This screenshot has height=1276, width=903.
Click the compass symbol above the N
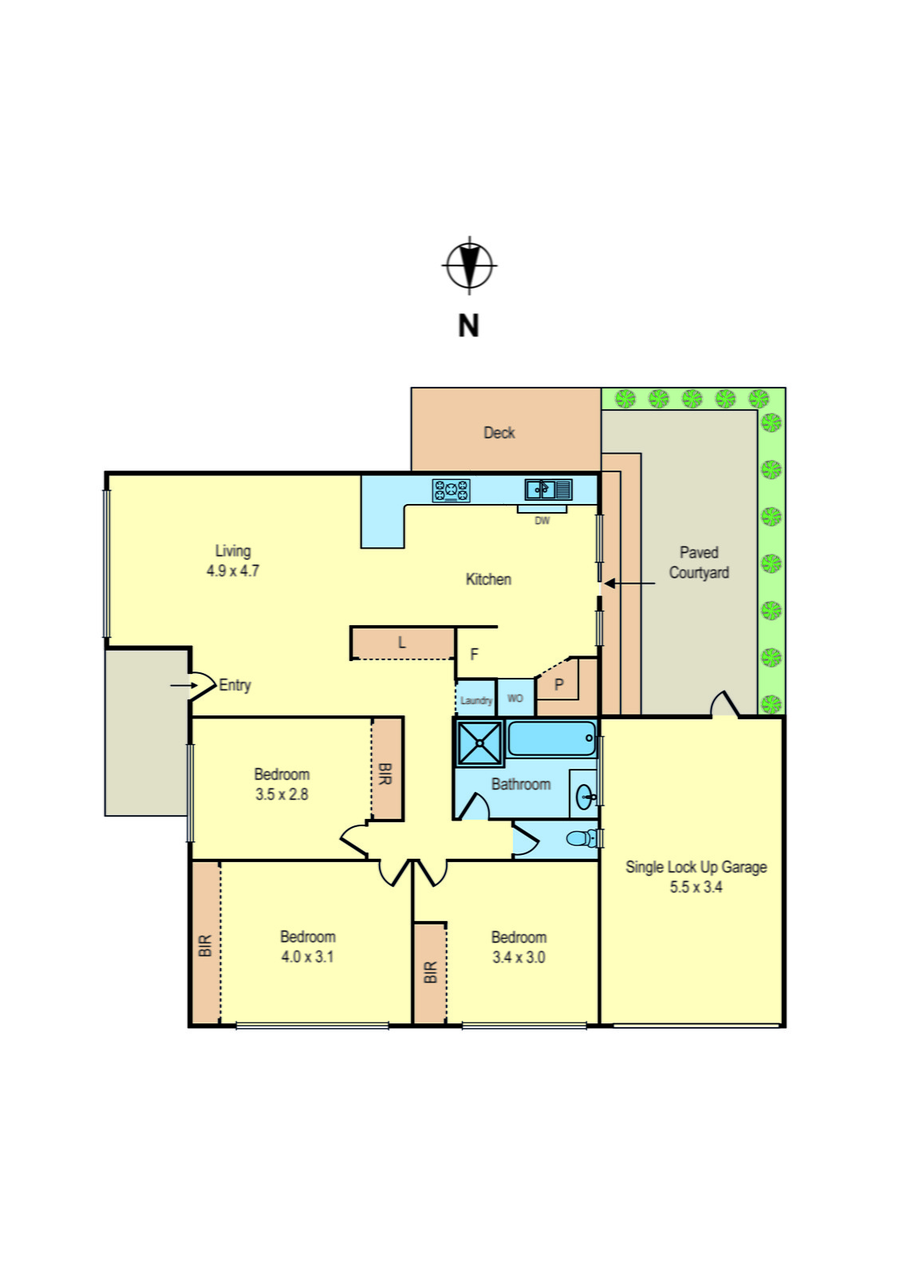[469, 265]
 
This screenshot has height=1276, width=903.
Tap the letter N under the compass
[468, 325]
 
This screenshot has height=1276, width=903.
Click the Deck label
[499, 433]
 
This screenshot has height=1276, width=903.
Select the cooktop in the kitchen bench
[451, 490]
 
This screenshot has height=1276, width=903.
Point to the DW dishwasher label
[542, 521]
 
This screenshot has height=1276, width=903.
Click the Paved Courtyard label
[699, 562]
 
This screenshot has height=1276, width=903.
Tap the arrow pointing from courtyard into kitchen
[629, 584]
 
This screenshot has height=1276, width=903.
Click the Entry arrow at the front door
[184, 685]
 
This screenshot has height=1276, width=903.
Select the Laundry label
[476, 700]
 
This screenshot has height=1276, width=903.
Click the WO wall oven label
[515, 699]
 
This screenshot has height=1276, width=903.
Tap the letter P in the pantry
[559, 685]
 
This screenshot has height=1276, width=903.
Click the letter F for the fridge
[475, 655]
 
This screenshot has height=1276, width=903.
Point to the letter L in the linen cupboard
[402, 643]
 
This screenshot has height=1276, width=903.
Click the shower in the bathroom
[479, 743]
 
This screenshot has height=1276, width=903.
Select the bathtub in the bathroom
[551, 738]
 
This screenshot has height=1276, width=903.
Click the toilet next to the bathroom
[582, 838]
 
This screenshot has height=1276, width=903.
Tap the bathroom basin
[586, 796]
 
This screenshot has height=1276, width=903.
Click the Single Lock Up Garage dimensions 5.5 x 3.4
[696, 887]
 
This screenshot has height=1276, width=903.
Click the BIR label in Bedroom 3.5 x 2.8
[385, 774]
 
